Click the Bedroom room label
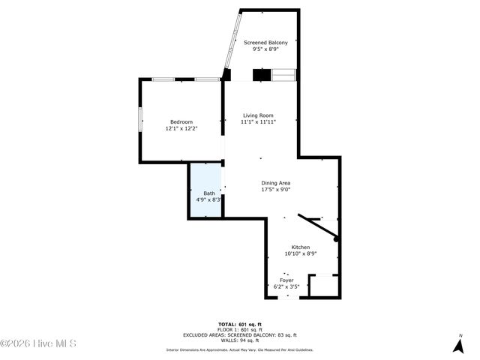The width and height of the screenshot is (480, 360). (x=181, y=122)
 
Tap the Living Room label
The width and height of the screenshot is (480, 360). (x=257, y=115)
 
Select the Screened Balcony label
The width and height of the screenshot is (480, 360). (x=265, y=43)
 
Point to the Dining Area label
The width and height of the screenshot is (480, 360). (x=275, y=183)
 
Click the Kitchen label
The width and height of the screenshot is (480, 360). (x=300, y=247)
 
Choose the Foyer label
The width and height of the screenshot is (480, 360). (x=286, y=280)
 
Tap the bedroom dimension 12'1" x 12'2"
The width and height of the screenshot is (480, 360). (x=181, y=129)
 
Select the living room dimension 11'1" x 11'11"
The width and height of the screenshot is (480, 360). (x=258, y=122)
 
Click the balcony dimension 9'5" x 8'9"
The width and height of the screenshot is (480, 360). (x=265, y=49)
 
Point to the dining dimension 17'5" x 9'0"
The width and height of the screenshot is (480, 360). (x=275, y=190)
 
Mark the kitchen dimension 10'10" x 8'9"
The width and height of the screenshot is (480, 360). (x=300, y=253)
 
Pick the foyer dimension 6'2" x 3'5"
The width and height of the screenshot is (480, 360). (x=286, y=286)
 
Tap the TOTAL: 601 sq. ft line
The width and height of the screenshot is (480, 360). (x=240, y=324)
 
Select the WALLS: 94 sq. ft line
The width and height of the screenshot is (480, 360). (x=240, y=340)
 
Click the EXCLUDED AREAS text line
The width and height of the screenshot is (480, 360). (x=240, y=334)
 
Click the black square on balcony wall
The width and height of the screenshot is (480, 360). (x=261, y=74)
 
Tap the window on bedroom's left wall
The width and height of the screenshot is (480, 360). (x=139, y=120)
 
